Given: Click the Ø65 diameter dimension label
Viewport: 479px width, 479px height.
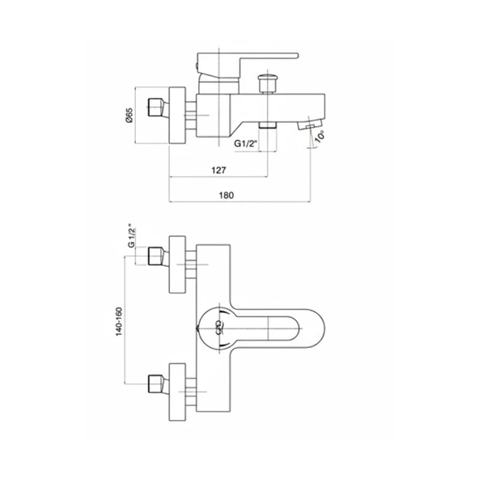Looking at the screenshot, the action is (x=129, y=115).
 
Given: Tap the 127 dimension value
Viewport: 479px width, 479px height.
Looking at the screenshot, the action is (x=218, y=170).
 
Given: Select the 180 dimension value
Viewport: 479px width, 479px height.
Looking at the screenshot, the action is (x=227, y=195).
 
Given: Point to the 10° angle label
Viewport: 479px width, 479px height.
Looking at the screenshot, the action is (x=320, y=136).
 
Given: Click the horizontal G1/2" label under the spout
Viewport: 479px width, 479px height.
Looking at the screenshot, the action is (x=244, y=143).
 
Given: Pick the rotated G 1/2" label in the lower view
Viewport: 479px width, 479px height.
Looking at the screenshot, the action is (x=131, y=238).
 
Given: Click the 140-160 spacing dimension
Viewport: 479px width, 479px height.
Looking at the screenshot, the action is (x=119, y=322).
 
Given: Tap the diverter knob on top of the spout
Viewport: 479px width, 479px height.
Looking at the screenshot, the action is (x=268, y=83).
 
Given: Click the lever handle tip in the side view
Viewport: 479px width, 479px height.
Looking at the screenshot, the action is (x=295, y=55).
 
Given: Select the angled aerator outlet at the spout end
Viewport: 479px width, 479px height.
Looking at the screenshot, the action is (x=310, y=124).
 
